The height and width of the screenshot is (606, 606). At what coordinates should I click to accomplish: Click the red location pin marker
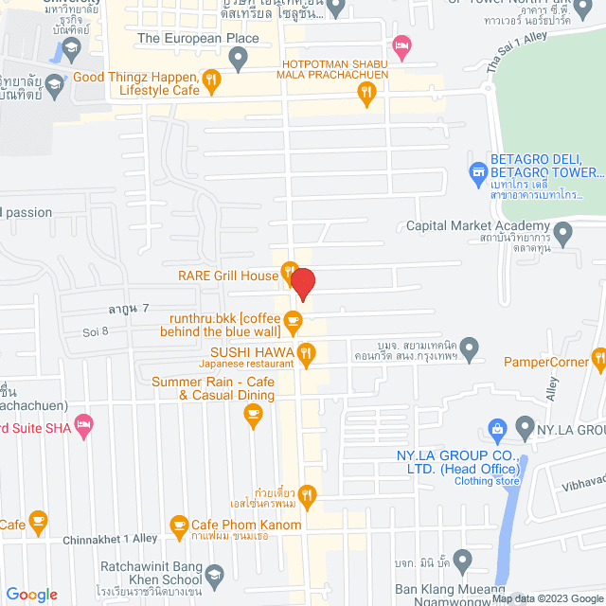click(302, 283)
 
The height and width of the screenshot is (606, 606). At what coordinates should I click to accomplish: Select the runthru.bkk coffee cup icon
click(294, 319)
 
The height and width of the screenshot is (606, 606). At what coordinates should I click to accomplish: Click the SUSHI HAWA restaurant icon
click(306, 356)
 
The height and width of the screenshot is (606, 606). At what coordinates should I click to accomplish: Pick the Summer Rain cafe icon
click(252, 412)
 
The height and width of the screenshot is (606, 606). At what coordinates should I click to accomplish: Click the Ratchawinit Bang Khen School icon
click(215, 573)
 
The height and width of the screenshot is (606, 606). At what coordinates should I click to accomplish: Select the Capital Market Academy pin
click(563, 231)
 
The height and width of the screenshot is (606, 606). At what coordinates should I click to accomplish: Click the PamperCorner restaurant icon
click(598, 358)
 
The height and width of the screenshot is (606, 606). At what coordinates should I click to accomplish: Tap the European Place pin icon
click(239, 60)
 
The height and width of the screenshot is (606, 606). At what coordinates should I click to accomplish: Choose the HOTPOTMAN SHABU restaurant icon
click(367, 92)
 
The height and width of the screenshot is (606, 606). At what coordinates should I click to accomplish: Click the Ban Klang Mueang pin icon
click(463, 560)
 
